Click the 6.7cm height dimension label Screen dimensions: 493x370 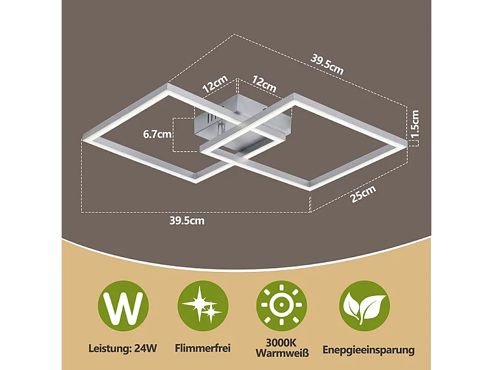(157, 134)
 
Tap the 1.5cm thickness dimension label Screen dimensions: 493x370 (415, 124)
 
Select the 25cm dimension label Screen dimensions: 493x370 (363, 194)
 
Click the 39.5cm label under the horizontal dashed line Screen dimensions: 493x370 (187, 221)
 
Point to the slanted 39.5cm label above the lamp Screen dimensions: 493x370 (327, 65)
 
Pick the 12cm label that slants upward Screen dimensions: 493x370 (215, 84)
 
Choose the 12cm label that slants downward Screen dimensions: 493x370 (264, 84)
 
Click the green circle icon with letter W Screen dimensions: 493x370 (123, 306)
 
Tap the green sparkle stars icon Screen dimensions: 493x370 (203, 306)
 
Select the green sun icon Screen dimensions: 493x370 (282, 306)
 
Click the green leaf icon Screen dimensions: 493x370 (364, 306)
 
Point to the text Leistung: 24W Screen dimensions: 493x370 (123, 348)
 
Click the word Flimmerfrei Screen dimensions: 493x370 (203, 348)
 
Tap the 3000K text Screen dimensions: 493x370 (282, 343)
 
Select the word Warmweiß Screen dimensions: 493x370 (282, 353)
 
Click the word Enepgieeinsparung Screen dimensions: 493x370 (369, 350)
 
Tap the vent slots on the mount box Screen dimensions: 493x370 (210, 119)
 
